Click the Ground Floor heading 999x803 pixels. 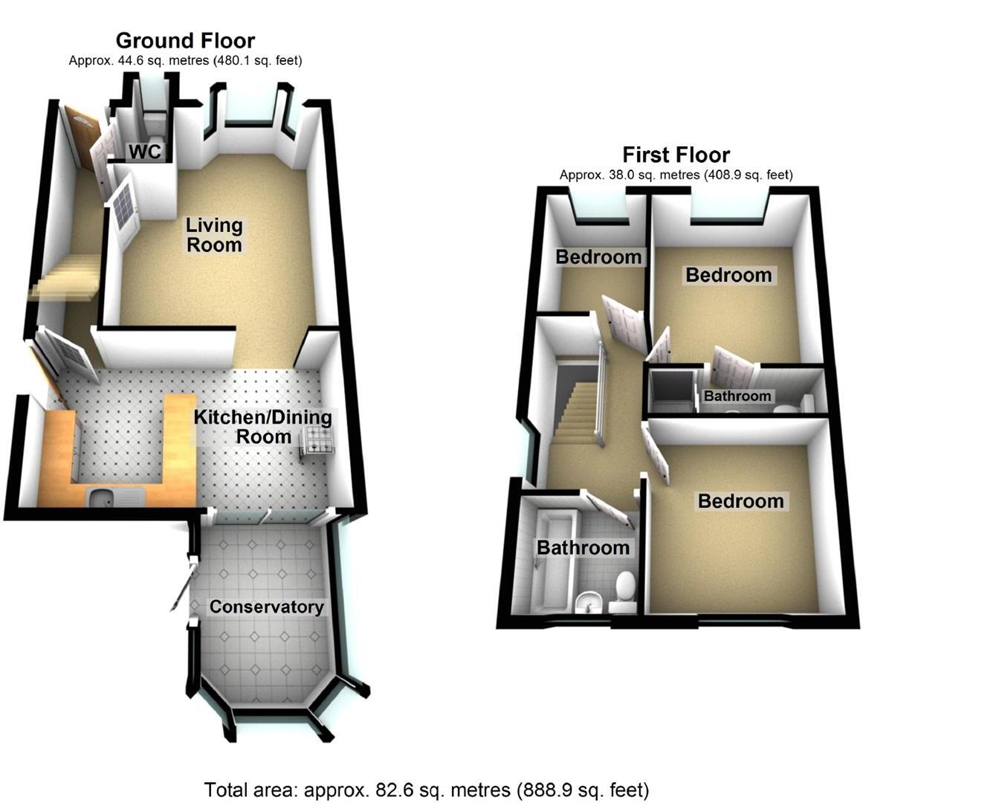[185, 40]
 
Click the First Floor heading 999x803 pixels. [676, 155]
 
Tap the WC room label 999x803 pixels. [145, 152]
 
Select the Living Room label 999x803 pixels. [214, 235]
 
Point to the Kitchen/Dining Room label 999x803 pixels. [263, 426]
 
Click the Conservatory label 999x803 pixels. [266, 607]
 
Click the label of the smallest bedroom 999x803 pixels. [598, 257]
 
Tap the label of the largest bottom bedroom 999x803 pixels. [740, 501]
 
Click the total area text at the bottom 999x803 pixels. [426, 790]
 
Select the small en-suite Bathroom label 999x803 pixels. [737, 396]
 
